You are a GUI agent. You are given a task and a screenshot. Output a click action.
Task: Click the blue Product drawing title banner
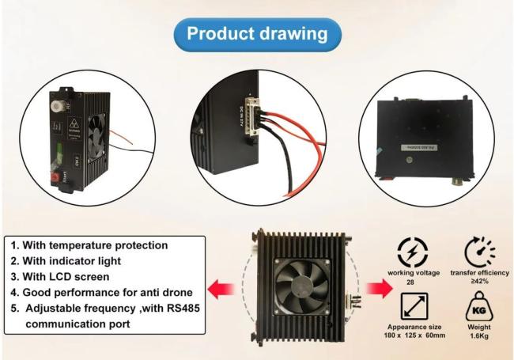(257, 35)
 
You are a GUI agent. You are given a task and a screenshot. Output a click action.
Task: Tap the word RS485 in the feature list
(173, 309)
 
